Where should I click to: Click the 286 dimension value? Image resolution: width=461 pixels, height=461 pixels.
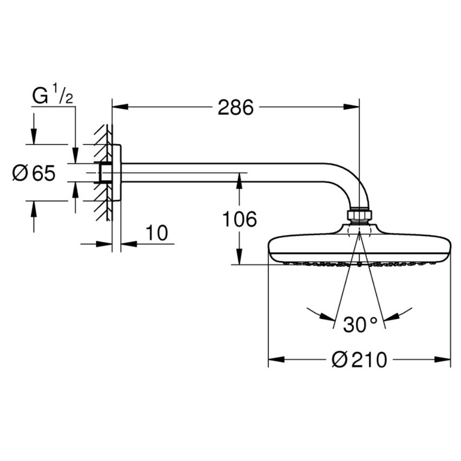235,107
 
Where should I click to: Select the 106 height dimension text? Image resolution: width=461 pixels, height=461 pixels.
239,219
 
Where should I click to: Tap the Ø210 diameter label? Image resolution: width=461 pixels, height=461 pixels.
359,360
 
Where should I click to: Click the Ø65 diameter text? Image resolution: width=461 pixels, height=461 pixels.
34,173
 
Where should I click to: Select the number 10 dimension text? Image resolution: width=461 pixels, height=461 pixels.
157,233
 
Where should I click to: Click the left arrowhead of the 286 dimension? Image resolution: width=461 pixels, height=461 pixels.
120,106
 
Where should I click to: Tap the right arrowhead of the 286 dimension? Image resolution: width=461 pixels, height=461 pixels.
351,106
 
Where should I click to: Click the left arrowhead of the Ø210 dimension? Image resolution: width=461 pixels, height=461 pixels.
276,359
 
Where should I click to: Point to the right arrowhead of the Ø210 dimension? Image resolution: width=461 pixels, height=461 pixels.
443,359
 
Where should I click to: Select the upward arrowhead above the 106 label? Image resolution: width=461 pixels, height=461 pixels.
239,181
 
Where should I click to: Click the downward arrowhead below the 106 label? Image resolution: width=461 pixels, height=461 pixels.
239,257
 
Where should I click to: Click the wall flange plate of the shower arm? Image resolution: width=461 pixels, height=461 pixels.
117,172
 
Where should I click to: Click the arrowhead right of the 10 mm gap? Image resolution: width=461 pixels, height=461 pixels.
129,243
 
